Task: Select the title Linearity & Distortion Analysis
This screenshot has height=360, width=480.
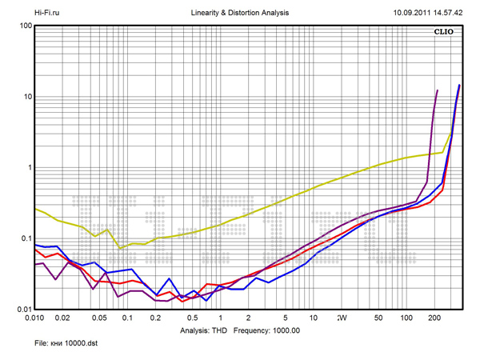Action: click(x=241, y=13)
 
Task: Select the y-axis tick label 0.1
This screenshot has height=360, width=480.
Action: click(x=25, y=239)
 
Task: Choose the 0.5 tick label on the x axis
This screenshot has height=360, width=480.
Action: click(x=192, y=318)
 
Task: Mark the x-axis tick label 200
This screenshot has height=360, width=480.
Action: click(x=435, y=318)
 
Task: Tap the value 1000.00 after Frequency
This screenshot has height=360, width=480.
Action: click(x=282, y=330)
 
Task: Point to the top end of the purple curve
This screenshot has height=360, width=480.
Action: click(x=438, y=90)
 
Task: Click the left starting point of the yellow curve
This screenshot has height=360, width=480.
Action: click(x=34, y=209)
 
